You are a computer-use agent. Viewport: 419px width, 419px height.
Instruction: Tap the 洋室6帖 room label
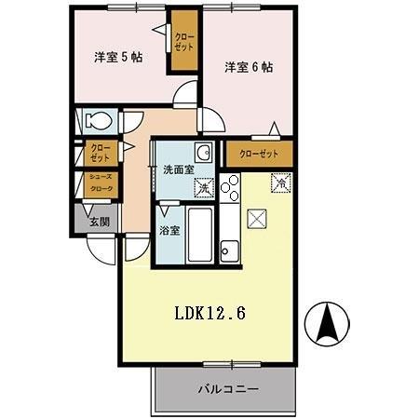[248, 67]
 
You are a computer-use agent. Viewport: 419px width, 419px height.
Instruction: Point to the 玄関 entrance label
[99, 222]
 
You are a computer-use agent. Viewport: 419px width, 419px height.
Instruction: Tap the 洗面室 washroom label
[178, 170]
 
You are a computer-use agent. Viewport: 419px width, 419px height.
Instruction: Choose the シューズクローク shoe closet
[100, 183]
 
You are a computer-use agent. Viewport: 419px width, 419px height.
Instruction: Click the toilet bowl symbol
[98, 120]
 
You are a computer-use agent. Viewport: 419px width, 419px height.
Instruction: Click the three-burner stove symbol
[230, 188]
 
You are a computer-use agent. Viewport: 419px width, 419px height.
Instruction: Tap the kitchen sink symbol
[230, 250]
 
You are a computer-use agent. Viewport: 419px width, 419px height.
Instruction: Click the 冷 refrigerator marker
[278, 182]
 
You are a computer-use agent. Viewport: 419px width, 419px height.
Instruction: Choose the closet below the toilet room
[100, 153]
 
